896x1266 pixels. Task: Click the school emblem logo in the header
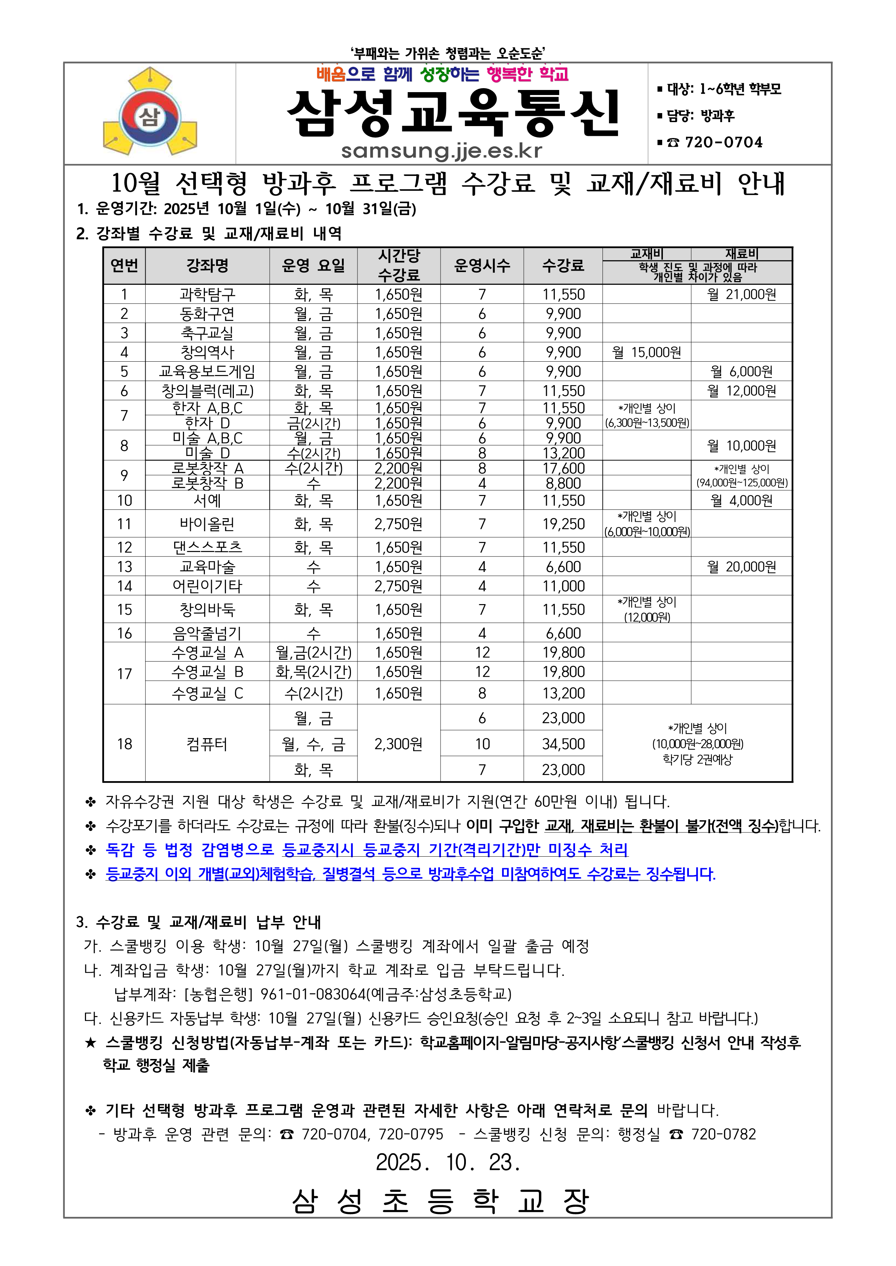150,112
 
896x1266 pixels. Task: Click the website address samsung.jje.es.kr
441,151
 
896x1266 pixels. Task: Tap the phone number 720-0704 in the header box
723,142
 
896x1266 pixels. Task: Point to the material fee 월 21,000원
742,294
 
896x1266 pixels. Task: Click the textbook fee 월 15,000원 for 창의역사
647,352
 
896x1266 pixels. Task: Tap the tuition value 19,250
563,524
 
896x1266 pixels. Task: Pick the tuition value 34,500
563,744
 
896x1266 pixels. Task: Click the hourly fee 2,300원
398,744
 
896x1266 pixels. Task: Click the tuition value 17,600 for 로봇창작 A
563,468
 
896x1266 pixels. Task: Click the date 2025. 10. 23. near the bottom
448,1162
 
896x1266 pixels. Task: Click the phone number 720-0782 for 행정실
723,1134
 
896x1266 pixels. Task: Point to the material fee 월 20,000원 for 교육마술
742,567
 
